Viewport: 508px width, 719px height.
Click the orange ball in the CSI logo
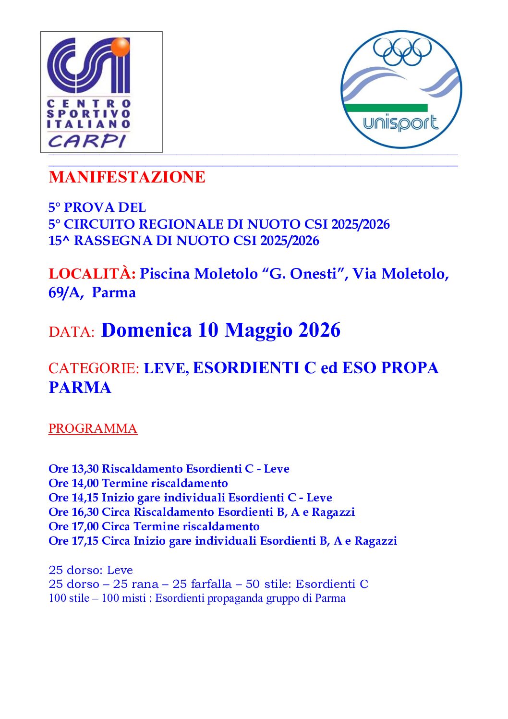[x=120, y=47]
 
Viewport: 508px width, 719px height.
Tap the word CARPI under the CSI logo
[x=87, y=141]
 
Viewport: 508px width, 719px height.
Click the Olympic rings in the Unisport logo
[x=402, y=50]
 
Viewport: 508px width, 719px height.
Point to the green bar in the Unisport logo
[x=386, y=108]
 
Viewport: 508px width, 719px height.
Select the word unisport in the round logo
[x=400, y=123]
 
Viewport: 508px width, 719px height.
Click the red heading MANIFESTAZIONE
[x=127, y=177]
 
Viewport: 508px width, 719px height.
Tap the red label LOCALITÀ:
[x=92, y=274]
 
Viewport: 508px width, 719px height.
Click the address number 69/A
[x=65, y=292]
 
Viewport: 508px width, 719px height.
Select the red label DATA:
[x=72, y=332]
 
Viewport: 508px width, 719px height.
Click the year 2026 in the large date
[x=319, y=330]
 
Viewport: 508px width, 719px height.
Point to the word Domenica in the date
[x=146, y=330]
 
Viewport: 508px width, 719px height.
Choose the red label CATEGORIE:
[x=94, y=368]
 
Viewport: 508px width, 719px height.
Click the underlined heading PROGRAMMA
[x=93, y=428]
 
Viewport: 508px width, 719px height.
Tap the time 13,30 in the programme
[x=85, y=469]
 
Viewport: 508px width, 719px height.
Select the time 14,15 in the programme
[x=85, y=498]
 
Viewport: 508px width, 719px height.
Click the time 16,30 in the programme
[x=85, y=512]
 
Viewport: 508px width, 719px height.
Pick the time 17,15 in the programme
[x=85, y=541]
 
